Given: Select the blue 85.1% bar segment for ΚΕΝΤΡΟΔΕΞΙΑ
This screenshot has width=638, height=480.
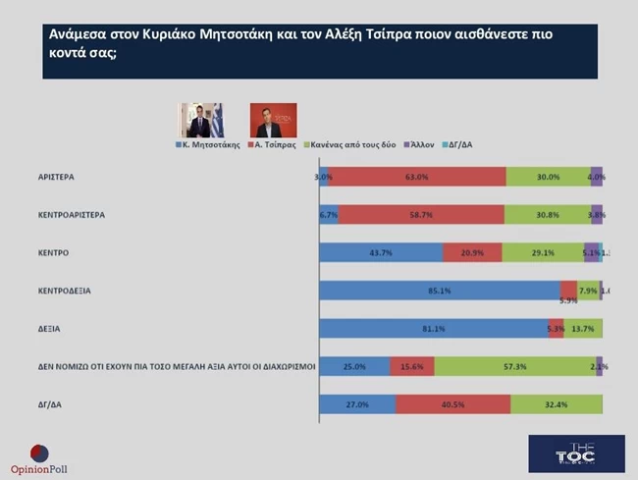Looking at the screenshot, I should pyautogui.click(x=440, y=291).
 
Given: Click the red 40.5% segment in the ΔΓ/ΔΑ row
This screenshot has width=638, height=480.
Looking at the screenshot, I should pyautogui.click(x=452, y=403).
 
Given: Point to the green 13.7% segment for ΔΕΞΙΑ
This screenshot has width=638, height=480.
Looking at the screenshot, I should pyautogui.click(x=584, y=328).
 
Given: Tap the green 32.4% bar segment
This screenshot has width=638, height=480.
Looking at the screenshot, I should pyautogui.click(x=557, y=403).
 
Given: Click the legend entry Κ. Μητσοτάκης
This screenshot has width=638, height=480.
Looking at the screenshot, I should pyautogui.click(x=210, y=144).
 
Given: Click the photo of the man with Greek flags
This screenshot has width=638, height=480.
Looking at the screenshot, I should pyautogui.click(x=199, y=120).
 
